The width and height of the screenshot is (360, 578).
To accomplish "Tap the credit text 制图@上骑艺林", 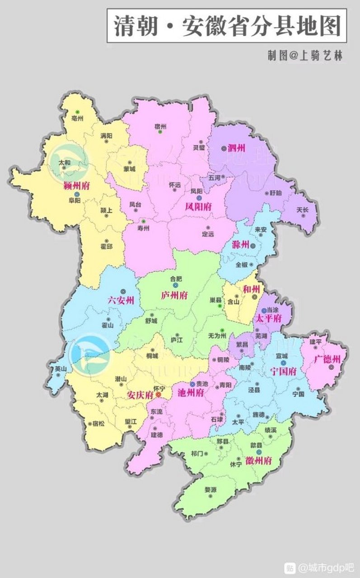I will (x=305, y=55).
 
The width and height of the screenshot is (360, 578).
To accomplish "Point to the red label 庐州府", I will (x=174, y=295).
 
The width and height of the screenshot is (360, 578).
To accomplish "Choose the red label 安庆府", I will (x=140, y=395).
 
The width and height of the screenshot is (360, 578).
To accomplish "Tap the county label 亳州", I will (x=78, y=118).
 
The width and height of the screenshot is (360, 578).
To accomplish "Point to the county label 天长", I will (x=303, y=210).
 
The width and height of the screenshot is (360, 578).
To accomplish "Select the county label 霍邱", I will (x=107, y=247).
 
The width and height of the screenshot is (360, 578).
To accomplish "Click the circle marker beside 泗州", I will (x=224, y=148).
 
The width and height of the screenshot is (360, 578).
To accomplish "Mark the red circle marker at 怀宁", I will (x=158, y=395).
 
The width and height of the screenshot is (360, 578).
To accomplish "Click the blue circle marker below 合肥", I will (x=175, y=285).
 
